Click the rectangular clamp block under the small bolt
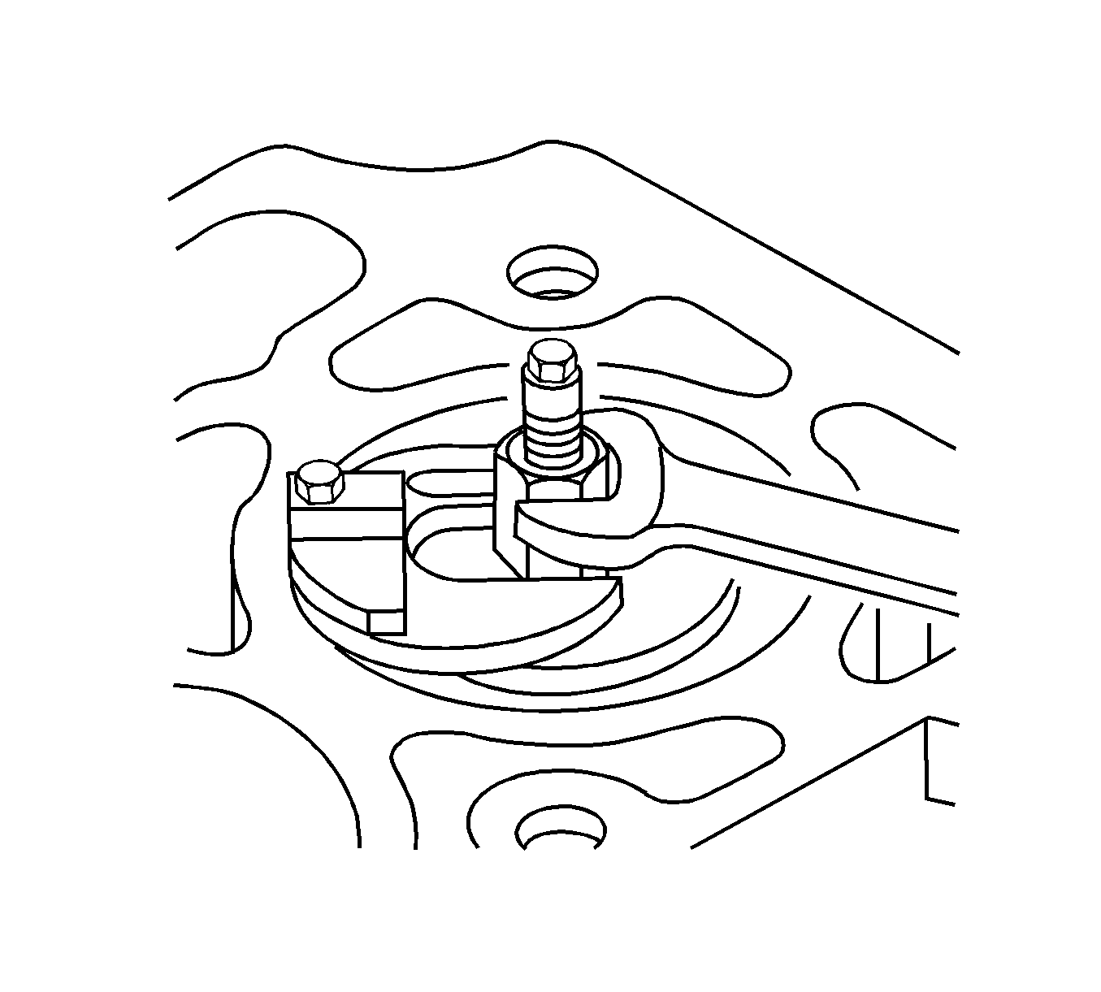[345, 561]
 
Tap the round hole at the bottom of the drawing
[561, 830]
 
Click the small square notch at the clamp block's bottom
[386, 622]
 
